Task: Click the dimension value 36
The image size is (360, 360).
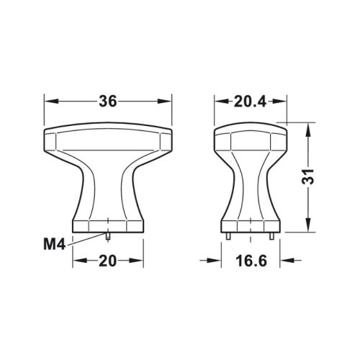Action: click(x=107, y=102)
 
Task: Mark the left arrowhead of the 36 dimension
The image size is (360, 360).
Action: click(x=49, y=102)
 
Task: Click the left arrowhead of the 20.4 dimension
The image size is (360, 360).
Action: click(x=219, y=102)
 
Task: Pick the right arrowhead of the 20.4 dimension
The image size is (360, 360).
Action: click(x=283, y=102)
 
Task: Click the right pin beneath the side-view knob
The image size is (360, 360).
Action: click(x=272, y=235)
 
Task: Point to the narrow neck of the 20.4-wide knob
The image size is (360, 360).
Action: click(x=251, y=184)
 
